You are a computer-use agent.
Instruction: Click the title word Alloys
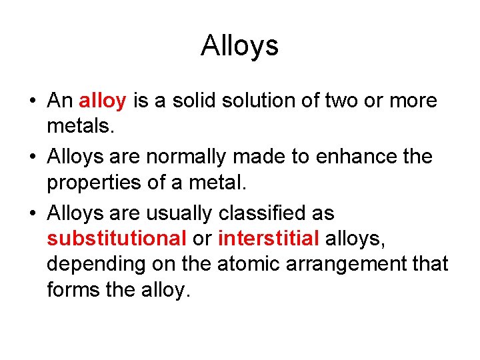239,46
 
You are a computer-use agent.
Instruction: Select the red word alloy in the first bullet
103,101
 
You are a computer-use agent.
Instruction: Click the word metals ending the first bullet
76,127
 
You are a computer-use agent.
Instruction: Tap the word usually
183,214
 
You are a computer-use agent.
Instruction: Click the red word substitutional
117,239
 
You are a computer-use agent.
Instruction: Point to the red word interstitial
269,239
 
